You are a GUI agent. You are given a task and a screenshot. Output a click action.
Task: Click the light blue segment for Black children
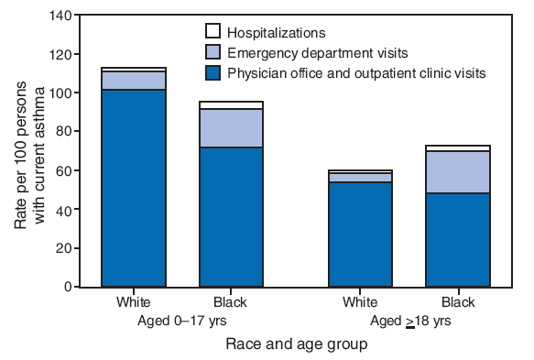tap(232, 127)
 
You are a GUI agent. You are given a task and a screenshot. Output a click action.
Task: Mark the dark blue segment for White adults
tap(360, 234)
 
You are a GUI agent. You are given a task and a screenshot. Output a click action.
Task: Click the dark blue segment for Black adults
tap(457, 239)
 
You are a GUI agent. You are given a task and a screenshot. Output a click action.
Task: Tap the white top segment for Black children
tap(232, 104)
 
